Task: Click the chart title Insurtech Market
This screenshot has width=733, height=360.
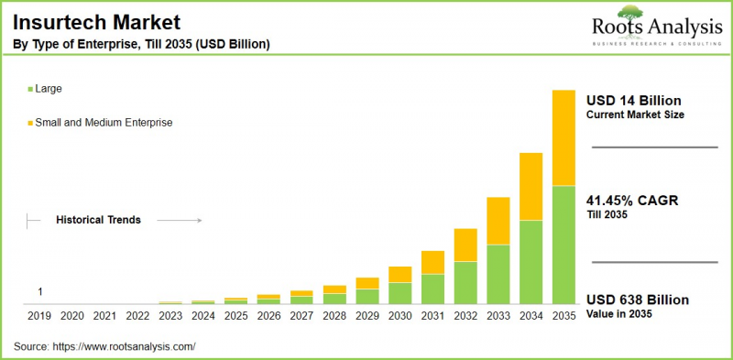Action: (x=83, y=20)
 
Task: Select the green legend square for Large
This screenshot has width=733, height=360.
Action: (x=30, y=89)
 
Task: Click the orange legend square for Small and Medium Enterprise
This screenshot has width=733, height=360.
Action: (x=30, y=122)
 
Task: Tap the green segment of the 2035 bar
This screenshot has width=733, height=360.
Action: (x=563, y=245)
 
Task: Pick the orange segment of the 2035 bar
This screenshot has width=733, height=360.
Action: (x=563, y=137)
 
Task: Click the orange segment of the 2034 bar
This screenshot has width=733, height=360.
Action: (x=531, y=186)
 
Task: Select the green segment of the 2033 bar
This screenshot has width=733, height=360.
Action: (x=498, y=274)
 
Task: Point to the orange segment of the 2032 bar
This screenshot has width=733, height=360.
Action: (x=465, y=245)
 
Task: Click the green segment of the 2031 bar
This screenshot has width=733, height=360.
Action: (x=432, y=289)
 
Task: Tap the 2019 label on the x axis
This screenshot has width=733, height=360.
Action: (x=39, y=316)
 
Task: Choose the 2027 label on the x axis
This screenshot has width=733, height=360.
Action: (x=301, y=316)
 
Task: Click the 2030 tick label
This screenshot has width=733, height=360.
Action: (x=399, y=316)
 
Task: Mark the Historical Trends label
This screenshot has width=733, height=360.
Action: (x=98, y=220)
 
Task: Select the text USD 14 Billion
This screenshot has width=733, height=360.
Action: (x=633, y=100)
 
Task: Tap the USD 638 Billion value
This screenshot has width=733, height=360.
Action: (x=637, y=300)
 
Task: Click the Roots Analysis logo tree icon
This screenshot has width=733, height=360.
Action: (x=630, y=13)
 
